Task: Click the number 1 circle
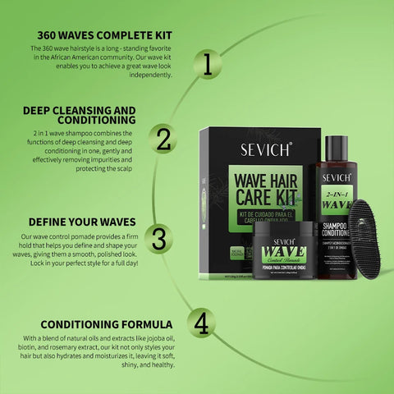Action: tap(208, 64)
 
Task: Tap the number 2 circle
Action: tap(164, 137)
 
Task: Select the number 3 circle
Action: tap(159, 238)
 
